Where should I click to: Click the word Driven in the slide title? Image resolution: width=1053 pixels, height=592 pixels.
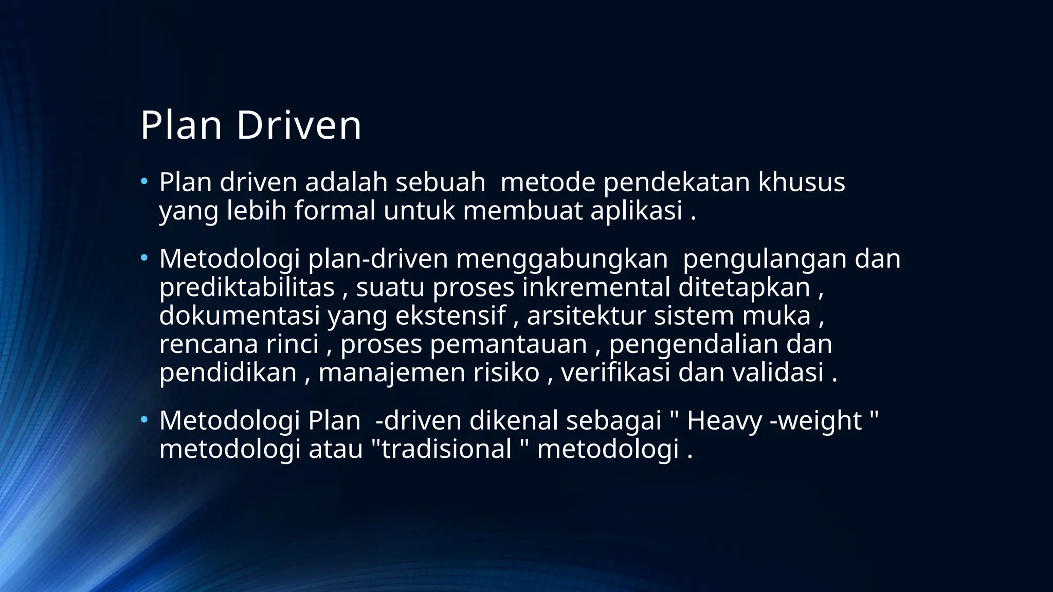(x=299, y=125)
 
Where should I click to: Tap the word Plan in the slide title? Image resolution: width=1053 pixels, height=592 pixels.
(x=181, y=125)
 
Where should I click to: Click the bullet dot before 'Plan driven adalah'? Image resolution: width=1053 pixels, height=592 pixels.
(x=144, y=181)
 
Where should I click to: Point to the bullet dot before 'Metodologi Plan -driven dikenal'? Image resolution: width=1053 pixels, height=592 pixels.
(x=144, y=419)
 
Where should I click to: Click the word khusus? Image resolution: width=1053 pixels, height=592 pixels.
(x=802, y=182)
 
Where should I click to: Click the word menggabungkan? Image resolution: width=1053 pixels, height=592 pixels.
(x=561, y=259)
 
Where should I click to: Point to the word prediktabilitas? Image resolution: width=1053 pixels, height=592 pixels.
(x=247, y=287)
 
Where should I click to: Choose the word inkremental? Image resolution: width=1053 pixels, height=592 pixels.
(x=596, y=287)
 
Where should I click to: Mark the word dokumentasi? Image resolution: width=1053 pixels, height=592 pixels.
(x=240, y=316)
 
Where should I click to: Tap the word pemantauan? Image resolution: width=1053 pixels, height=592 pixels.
(x=509, y=344)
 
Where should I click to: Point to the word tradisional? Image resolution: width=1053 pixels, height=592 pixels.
(x=446, y=449)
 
